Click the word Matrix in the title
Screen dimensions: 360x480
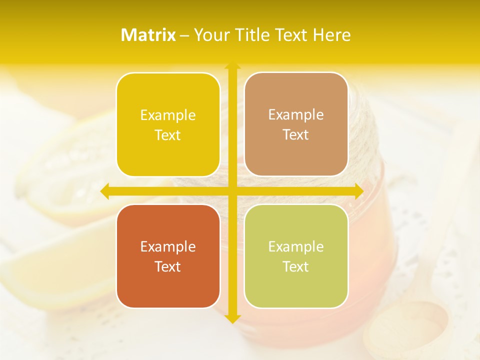pyautogui.click(x=148, y=35)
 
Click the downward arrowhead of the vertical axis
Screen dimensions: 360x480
pyautogui.click(x=232, y=318)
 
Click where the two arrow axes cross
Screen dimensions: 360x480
pyautogui.click(x=232, y=191)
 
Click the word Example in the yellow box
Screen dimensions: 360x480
pyautogui.click(x=168, y=115)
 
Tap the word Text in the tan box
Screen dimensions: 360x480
pyautogui.click(x=296, y=135)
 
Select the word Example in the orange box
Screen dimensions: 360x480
pyautogui.click(x=168, y=247)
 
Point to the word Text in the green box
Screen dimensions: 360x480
pyautogui.click(x=296, y=267)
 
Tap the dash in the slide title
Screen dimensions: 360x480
pyautogui.click(x=184, y=35)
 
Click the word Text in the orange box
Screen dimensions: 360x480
pyautogui.click(x=168, y=267)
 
